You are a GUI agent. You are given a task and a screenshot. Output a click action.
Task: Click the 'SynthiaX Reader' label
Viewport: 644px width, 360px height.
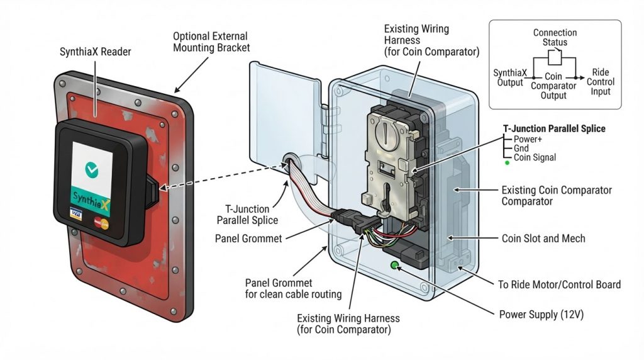95,52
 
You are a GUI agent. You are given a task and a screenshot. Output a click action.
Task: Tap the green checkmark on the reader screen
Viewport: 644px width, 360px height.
92,169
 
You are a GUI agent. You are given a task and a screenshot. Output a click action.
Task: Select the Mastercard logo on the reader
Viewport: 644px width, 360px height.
101,223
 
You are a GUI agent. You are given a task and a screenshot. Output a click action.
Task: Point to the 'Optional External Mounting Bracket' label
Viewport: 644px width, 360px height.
211,42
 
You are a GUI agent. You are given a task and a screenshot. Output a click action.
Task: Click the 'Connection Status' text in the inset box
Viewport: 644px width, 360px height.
555,37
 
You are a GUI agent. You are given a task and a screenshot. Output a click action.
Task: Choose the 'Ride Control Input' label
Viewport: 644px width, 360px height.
601,82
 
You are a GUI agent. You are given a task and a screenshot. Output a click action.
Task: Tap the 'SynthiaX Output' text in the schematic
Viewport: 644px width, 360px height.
510,77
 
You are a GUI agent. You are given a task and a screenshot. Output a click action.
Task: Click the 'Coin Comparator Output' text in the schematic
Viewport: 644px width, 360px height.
553,86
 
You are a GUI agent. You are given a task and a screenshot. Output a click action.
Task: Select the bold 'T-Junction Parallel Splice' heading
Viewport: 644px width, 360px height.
555,128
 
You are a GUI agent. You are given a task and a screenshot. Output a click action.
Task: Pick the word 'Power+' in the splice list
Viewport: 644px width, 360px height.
528,139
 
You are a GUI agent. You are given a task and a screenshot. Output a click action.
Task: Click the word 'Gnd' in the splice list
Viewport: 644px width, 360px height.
521,149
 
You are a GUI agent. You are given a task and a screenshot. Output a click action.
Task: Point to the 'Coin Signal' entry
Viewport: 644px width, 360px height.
535,157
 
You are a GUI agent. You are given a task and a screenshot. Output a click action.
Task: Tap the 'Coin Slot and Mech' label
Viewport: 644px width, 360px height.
543,239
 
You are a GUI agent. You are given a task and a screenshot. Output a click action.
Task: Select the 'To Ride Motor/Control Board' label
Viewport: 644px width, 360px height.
559,284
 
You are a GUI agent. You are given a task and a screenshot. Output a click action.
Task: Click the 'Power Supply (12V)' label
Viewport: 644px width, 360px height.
541,315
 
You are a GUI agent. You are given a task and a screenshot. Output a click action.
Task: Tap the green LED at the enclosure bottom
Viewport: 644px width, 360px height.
395,266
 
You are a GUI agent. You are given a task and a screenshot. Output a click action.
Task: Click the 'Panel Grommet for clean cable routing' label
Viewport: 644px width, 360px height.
293,288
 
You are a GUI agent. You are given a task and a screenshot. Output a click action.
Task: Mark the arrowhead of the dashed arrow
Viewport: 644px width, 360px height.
164,188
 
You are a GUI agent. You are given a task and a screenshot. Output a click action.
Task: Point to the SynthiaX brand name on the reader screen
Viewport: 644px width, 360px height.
91,201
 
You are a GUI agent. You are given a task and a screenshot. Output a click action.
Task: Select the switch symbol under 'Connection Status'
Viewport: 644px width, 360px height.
555,57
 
